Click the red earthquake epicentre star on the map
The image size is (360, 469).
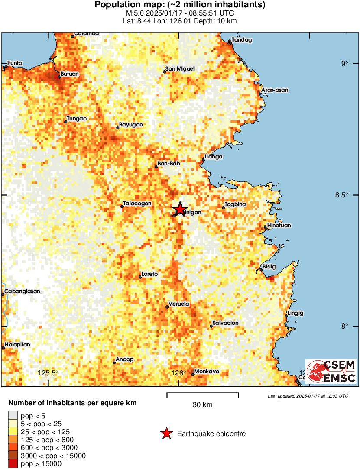click(179, 209)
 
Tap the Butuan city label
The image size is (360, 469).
click(70, 74)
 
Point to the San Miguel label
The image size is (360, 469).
click(180, 69)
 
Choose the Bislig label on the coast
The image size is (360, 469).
click(269, 267)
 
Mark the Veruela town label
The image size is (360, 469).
click(178, 304)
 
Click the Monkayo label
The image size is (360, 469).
click(207, 372)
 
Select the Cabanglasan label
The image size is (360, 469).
click(22, 291)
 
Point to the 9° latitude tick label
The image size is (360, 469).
click(344, 64)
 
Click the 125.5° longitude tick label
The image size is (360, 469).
click(48, 373)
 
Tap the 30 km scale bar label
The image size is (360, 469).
click(202, 405)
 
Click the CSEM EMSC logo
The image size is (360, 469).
click(331, 371)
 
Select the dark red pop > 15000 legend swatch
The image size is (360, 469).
click(13, 464)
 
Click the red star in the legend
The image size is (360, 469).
click(166, 433)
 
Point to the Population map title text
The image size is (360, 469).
click(180, 5)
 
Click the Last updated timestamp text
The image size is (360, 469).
click(308, 396)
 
